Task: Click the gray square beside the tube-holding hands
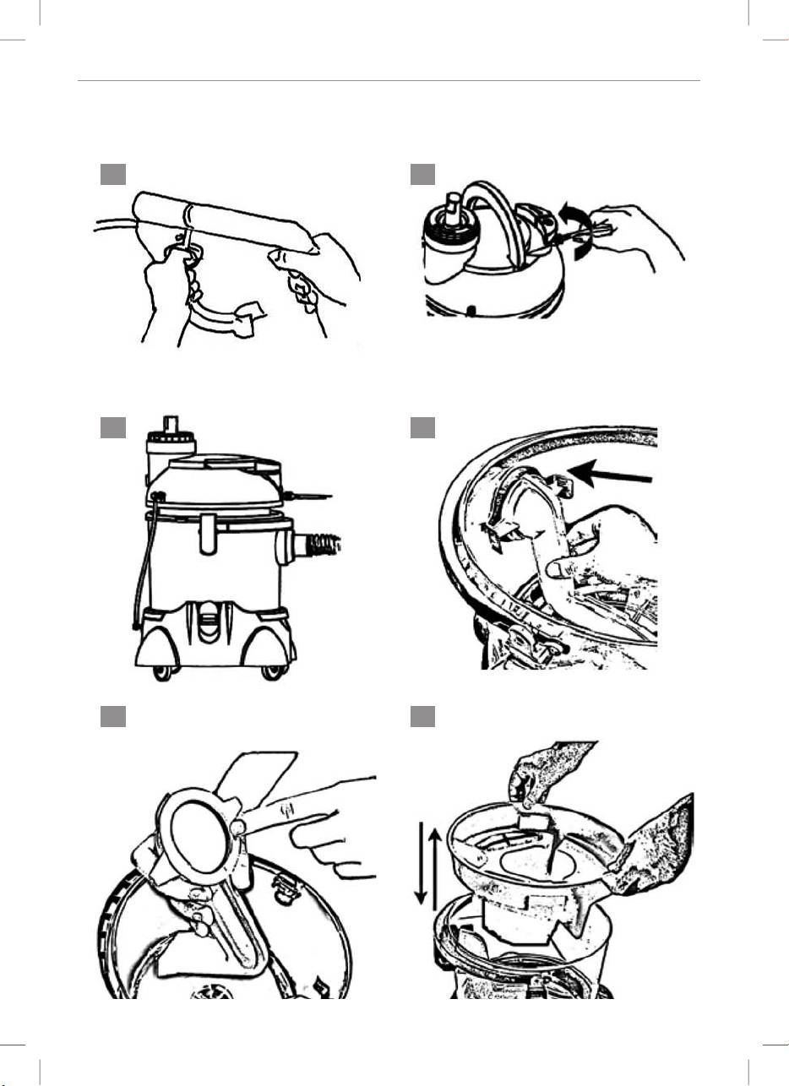tap(113, 174)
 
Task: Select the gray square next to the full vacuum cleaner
tap(113, 428)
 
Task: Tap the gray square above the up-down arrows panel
tap(422, 716)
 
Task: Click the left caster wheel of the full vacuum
tap(162, 672)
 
